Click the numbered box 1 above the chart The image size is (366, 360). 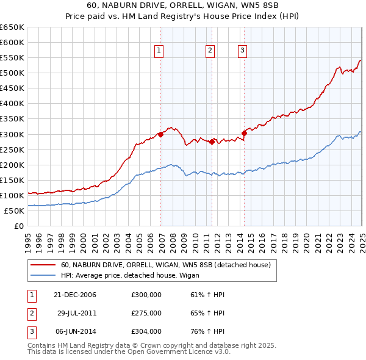click(x=159, y=51)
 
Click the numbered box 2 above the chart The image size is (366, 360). click(x=209, y=51)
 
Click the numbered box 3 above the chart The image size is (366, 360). click(x=242, y=51)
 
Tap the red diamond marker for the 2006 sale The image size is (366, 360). click(x=161, y=134)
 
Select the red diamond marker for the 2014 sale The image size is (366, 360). click(x=244, y=132)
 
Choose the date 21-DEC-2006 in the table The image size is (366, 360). click(x=75, y=295)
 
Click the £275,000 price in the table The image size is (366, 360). click(x=146, y=313)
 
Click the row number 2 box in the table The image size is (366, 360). click(x=31, y=313)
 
